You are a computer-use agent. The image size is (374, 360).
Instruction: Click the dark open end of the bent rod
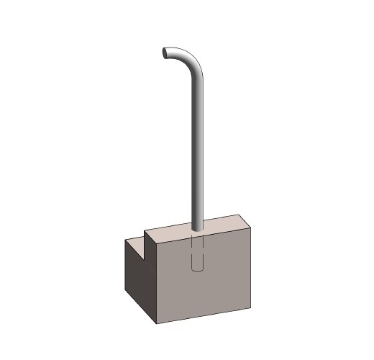click(165, 53)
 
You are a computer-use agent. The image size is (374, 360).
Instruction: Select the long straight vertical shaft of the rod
click(196, 144)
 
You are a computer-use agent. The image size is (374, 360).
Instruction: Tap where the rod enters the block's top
click(198, 230)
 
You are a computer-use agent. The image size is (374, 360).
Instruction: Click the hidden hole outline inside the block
click(199, 252)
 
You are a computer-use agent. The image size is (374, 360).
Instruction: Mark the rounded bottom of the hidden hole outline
click(199, 269)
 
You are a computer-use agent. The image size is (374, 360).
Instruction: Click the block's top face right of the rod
click(223, 224)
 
